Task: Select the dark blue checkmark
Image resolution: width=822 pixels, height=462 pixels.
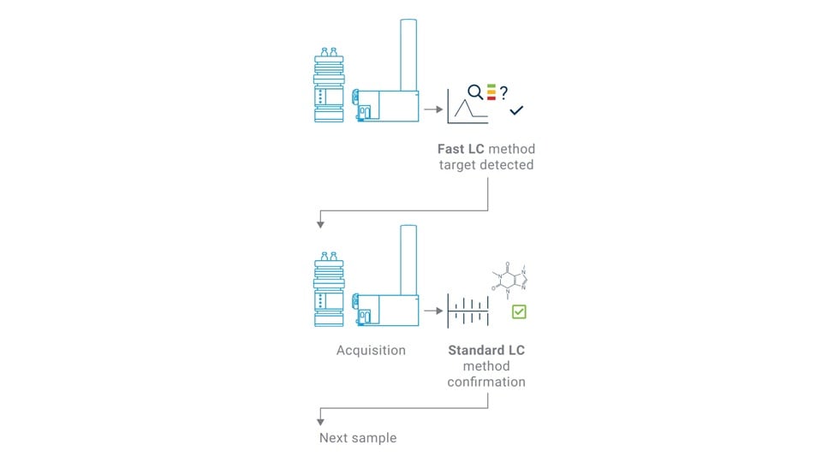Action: click(516, 110)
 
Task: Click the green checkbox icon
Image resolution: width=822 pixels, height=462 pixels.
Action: click(519, 311)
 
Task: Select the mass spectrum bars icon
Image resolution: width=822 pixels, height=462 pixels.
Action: click(468, 309)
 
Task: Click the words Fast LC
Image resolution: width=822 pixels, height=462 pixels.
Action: click(461, 149)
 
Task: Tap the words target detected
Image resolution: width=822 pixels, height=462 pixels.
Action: click(486, 164)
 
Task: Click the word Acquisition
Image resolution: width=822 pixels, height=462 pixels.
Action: click(371, 351)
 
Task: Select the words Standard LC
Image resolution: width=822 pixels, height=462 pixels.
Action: click(486, 351)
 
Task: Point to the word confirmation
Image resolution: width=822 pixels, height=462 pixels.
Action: click(486, 382)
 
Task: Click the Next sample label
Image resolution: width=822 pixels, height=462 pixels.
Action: click(358, 438)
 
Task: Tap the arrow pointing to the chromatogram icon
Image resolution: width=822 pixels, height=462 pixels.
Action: click(431, 110)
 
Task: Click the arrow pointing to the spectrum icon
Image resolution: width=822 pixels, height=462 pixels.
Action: click(431, 309)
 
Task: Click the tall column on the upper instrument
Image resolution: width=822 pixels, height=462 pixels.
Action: click(408, 51)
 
